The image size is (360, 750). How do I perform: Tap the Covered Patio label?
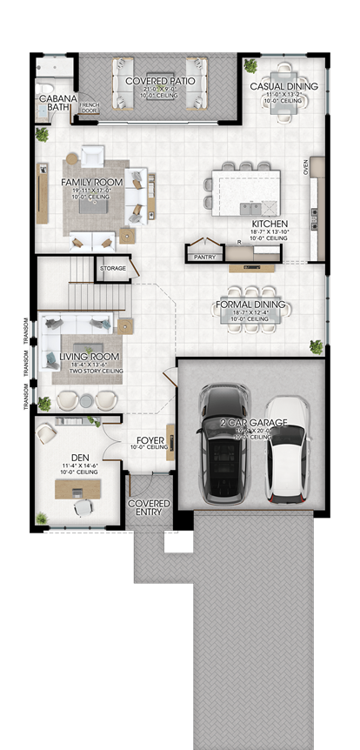[159, 81]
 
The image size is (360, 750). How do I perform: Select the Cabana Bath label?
[57, 104]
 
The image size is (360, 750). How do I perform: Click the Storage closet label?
[112, 268]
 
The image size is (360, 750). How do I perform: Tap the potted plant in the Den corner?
[42, 519]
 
